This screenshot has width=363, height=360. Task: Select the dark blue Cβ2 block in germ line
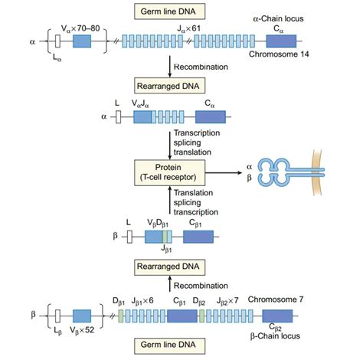tap(276, 317)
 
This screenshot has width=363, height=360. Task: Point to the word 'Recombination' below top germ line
tap(203, 67)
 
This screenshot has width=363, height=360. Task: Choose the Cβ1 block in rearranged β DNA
tap(198, 237)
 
